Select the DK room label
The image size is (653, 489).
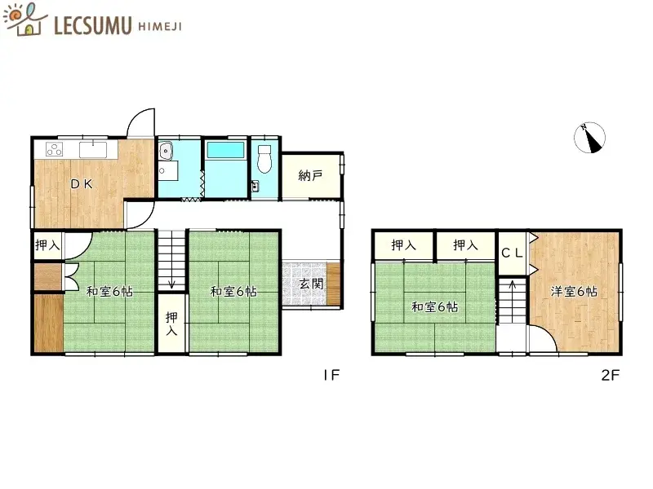coord(80,184)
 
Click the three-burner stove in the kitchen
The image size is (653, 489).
coord(55,149)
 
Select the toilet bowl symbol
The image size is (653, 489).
coord(264,158)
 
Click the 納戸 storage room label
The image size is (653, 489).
coord(310,176)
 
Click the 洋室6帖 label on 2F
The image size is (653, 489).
coord(572,291)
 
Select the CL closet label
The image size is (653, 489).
coord(512,253)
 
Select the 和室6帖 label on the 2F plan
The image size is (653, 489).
coord(433,307)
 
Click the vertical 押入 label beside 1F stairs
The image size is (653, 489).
coord(171,324)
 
